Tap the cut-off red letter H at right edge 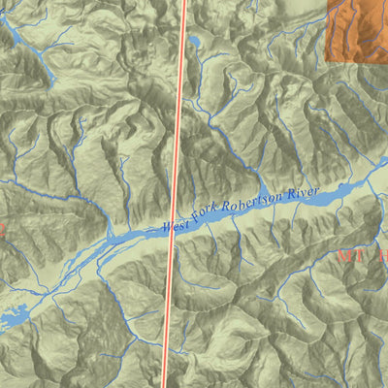pos(382,255)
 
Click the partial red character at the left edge pos(2,231)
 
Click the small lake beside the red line pos(195,41)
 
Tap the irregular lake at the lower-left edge pos(17,319)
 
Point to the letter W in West pos(167,229)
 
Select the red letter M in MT pos(345,256)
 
